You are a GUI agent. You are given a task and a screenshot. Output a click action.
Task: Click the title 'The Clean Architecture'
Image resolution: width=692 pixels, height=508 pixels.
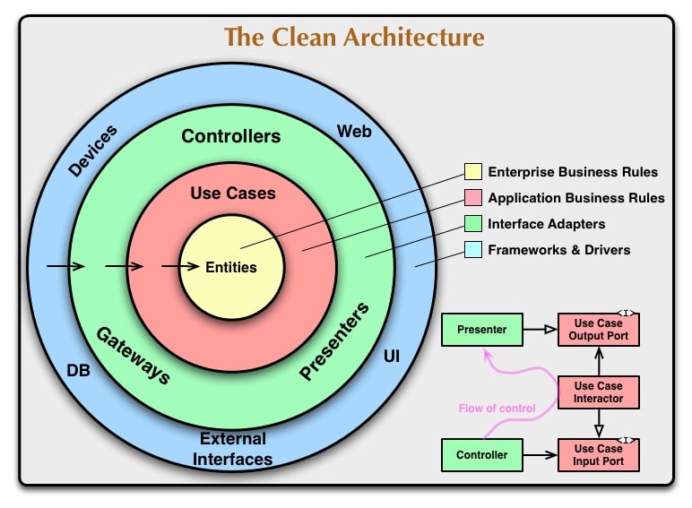coord(353,38)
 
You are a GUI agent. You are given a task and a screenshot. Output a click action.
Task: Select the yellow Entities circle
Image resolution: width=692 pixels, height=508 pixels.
coord(231,267)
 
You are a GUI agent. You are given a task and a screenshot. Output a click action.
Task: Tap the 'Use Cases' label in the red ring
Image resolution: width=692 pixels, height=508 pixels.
coord(233,193)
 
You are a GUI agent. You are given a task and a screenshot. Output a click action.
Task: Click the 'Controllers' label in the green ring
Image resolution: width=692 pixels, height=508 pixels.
coord(231,136)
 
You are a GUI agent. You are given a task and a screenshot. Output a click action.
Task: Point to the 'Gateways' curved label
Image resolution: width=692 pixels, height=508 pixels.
coord(134,355)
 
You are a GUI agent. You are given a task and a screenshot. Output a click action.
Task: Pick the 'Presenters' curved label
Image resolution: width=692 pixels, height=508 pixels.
coord(333,342)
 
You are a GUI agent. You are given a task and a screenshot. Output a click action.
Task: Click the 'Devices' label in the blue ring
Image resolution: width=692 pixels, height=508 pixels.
coord(92,150)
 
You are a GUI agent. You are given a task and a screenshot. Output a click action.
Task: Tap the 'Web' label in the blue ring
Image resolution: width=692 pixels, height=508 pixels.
coord(354,132)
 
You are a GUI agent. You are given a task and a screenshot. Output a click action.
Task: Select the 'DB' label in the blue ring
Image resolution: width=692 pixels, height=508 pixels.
coord(78,369)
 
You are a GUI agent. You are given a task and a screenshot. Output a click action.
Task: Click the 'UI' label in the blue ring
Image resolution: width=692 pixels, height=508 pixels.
coord(392,357)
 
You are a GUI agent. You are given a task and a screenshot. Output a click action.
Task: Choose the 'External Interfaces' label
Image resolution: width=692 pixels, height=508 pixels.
coord(233,449)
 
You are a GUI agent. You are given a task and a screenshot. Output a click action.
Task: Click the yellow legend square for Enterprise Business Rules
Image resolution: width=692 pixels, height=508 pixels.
coord(473,172)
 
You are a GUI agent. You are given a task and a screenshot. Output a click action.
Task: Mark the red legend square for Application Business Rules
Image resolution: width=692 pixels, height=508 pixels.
coord(473,198)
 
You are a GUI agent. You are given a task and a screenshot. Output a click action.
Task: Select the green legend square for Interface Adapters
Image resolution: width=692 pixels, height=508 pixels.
coord(473,224)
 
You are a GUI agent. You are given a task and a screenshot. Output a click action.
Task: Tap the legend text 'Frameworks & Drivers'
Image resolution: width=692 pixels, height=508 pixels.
coord(558,250)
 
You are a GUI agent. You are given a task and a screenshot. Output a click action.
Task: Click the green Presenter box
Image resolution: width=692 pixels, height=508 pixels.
coord(481,330)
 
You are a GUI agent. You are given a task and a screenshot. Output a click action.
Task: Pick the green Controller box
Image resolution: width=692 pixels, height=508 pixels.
coord(481,455)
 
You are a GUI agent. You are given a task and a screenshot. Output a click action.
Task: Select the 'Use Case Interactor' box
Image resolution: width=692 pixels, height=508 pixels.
coord(599,392)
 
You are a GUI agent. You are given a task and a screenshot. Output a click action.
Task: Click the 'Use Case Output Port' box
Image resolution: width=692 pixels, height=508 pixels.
coord(599,330)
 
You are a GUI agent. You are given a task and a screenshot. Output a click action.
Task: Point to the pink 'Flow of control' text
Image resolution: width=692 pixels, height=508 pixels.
coord(497,409)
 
